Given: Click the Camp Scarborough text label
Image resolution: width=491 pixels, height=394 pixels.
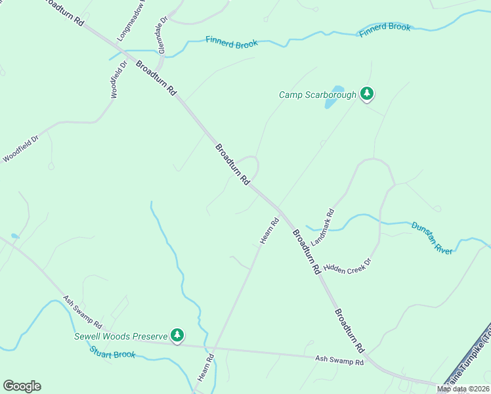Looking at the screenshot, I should point(318,95).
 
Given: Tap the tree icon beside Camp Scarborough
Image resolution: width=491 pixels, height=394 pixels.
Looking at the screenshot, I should point(368,95).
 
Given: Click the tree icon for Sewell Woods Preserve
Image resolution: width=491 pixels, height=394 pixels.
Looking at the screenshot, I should point(177,335).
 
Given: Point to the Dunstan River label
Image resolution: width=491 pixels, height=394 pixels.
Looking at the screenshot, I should point(432,237).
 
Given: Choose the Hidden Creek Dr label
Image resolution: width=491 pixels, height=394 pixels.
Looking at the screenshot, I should point(347,265).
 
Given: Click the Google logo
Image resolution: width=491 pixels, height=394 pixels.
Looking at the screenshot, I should point(22,386).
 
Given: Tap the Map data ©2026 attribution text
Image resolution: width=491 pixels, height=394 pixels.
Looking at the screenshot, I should point(462,389).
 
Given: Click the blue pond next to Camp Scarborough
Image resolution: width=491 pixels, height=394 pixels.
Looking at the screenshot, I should point(335,97).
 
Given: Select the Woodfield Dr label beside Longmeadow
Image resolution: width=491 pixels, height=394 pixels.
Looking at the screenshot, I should point(118,79).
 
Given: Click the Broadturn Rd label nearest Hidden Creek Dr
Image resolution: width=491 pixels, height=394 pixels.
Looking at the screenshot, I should point(307,251).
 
